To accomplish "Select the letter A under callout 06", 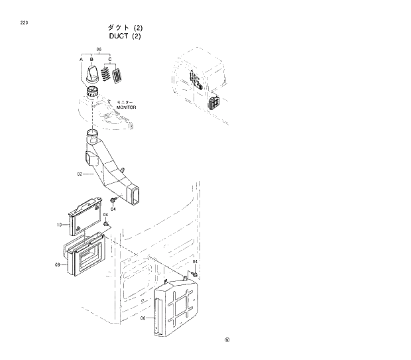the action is [82, 60].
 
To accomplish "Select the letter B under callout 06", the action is [91, 60].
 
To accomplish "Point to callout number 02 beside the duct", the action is [80, 174].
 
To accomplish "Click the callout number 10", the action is [60, 225].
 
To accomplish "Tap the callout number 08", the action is [58, 265].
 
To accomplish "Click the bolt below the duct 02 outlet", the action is [115, 198].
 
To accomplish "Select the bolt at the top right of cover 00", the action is [195, 273].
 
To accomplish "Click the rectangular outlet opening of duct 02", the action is [136, 195].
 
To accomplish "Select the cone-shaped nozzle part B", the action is [95, 74].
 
